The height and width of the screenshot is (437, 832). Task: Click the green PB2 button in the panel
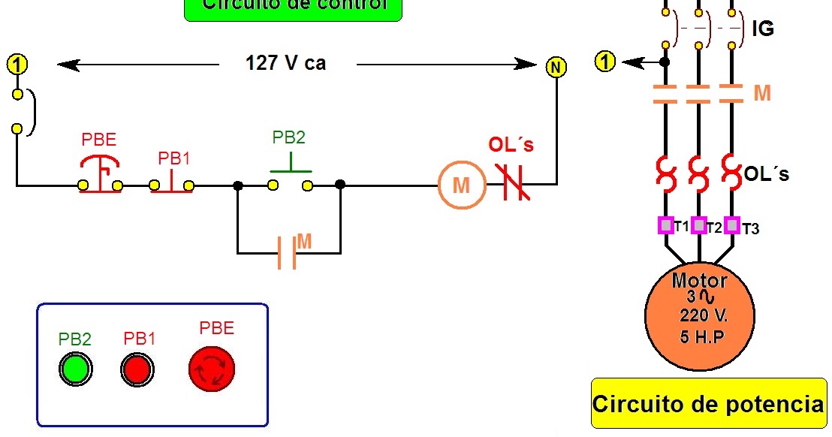click(75, 369)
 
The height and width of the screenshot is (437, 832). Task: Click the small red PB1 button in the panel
click(137, 369)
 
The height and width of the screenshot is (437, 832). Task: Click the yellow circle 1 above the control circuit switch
click(17, 64)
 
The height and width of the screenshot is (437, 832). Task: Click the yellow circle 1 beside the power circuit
click(605, 62)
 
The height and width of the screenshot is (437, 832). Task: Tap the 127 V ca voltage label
click(285, 63)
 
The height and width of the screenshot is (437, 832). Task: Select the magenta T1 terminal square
click(665, 225)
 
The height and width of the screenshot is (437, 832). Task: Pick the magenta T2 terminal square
click(698, 225)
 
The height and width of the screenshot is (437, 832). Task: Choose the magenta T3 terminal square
click(732, 225)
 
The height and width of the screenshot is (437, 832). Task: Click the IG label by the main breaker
click(762, 29)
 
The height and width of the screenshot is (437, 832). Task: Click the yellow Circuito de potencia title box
click(708, 404)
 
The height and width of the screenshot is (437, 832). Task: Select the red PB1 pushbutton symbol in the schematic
click(173, 180)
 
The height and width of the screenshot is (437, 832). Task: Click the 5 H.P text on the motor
click(702, 337)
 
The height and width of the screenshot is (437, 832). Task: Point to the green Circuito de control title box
click(294, 8)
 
